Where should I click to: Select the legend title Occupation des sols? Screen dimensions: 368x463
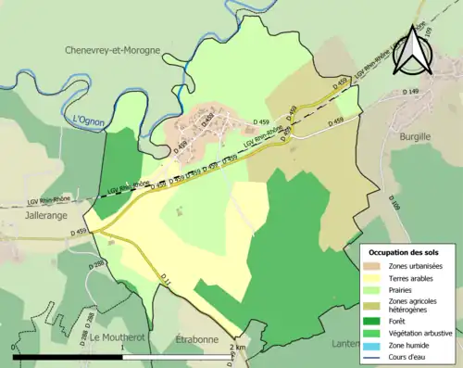tap(404, 252)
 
